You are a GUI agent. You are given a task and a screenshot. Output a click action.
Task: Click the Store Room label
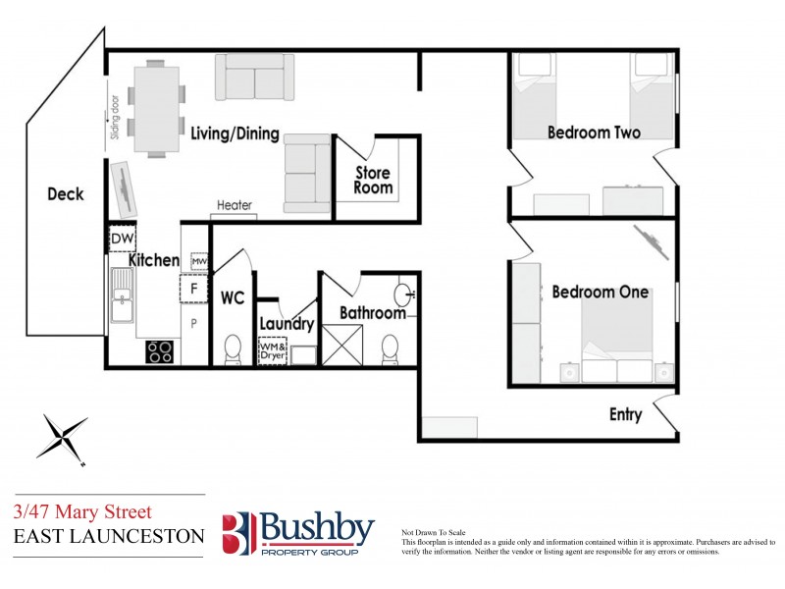point(373,181)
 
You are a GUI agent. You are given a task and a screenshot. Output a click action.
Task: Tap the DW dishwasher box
point(122,239)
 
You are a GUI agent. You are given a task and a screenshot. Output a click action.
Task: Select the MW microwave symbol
point(199,261)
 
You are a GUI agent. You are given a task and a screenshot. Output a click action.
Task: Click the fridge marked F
point(194,289)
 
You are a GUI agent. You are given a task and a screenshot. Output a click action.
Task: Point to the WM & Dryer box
point(273,350)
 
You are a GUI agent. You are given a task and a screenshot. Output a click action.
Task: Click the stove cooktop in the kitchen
point(160,350)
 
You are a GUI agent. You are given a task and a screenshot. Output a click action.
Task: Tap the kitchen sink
point(123,294)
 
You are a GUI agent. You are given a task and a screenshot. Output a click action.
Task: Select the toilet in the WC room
point(234,348)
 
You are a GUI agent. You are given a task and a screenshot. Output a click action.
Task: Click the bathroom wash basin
point(404,294)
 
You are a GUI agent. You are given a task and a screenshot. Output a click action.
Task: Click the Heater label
point(235,205)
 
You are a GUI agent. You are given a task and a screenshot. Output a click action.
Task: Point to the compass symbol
point(62,437)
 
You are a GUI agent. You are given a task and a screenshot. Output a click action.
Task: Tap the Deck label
point(66,194)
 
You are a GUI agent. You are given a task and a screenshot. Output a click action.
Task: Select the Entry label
point(626,414)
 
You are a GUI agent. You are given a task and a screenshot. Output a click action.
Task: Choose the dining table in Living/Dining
point(156,109)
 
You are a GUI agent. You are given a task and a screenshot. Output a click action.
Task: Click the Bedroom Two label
point(594,133)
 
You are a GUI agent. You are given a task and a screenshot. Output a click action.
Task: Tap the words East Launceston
point(109,537)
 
